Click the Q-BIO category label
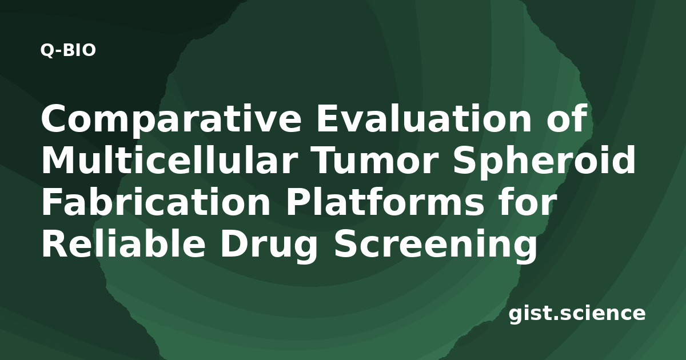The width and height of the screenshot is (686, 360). (68, 50)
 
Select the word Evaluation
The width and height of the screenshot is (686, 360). (424, 118)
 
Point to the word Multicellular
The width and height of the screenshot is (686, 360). (169, 159)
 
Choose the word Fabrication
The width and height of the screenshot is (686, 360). (156, 201)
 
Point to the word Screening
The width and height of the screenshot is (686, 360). (435, 246)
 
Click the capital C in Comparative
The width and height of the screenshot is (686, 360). (54, 118)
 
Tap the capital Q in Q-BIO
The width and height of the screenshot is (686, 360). (47, 50)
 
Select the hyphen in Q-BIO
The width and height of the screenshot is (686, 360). (59, 51)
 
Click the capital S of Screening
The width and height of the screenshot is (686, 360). (346, 243)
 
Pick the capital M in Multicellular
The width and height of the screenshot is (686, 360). (59, 160)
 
